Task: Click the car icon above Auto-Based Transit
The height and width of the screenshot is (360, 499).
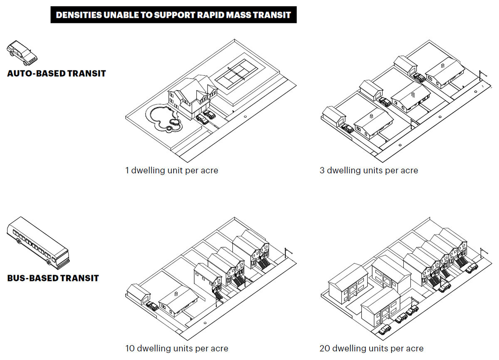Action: [22, 53]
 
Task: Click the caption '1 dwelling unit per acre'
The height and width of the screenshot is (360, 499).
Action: [172, 170]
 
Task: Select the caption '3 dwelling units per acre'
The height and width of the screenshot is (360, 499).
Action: [369, 170]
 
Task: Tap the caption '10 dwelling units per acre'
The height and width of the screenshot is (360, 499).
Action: [177, 348]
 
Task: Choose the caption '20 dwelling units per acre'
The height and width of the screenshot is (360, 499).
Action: [371, 348]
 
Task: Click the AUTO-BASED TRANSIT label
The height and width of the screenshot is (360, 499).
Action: [57, 74]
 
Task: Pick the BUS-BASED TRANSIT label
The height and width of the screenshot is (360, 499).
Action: [53, 278]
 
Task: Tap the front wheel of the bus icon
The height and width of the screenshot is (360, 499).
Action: [49, 262]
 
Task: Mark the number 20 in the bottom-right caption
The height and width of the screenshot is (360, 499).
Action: [325, 348]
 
